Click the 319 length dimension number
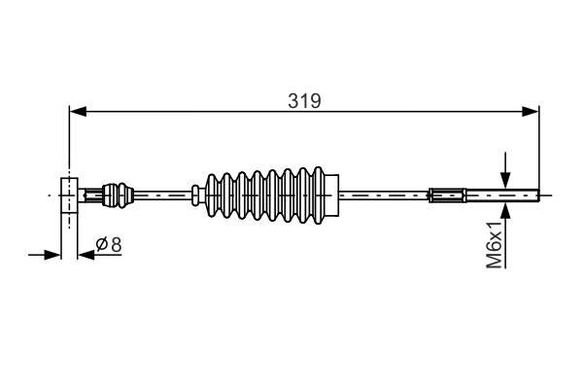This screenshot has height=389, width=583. (304, 99)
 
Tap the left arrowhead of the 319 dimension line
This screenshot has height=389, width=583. (77, 111)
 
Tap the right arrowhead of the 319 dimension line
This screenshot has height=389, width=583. (531, 111)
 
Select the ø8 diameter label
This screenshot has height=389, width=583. (109, 245)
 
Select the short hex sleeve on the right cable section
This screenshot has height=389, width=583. (448, 194)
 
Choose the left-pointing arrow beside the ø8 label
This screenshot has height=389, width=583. (85, 255)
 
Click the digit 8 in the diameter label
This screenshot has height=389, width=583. (116, 245)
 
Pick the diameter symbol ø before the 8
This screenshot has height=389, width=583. (102, 245)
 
